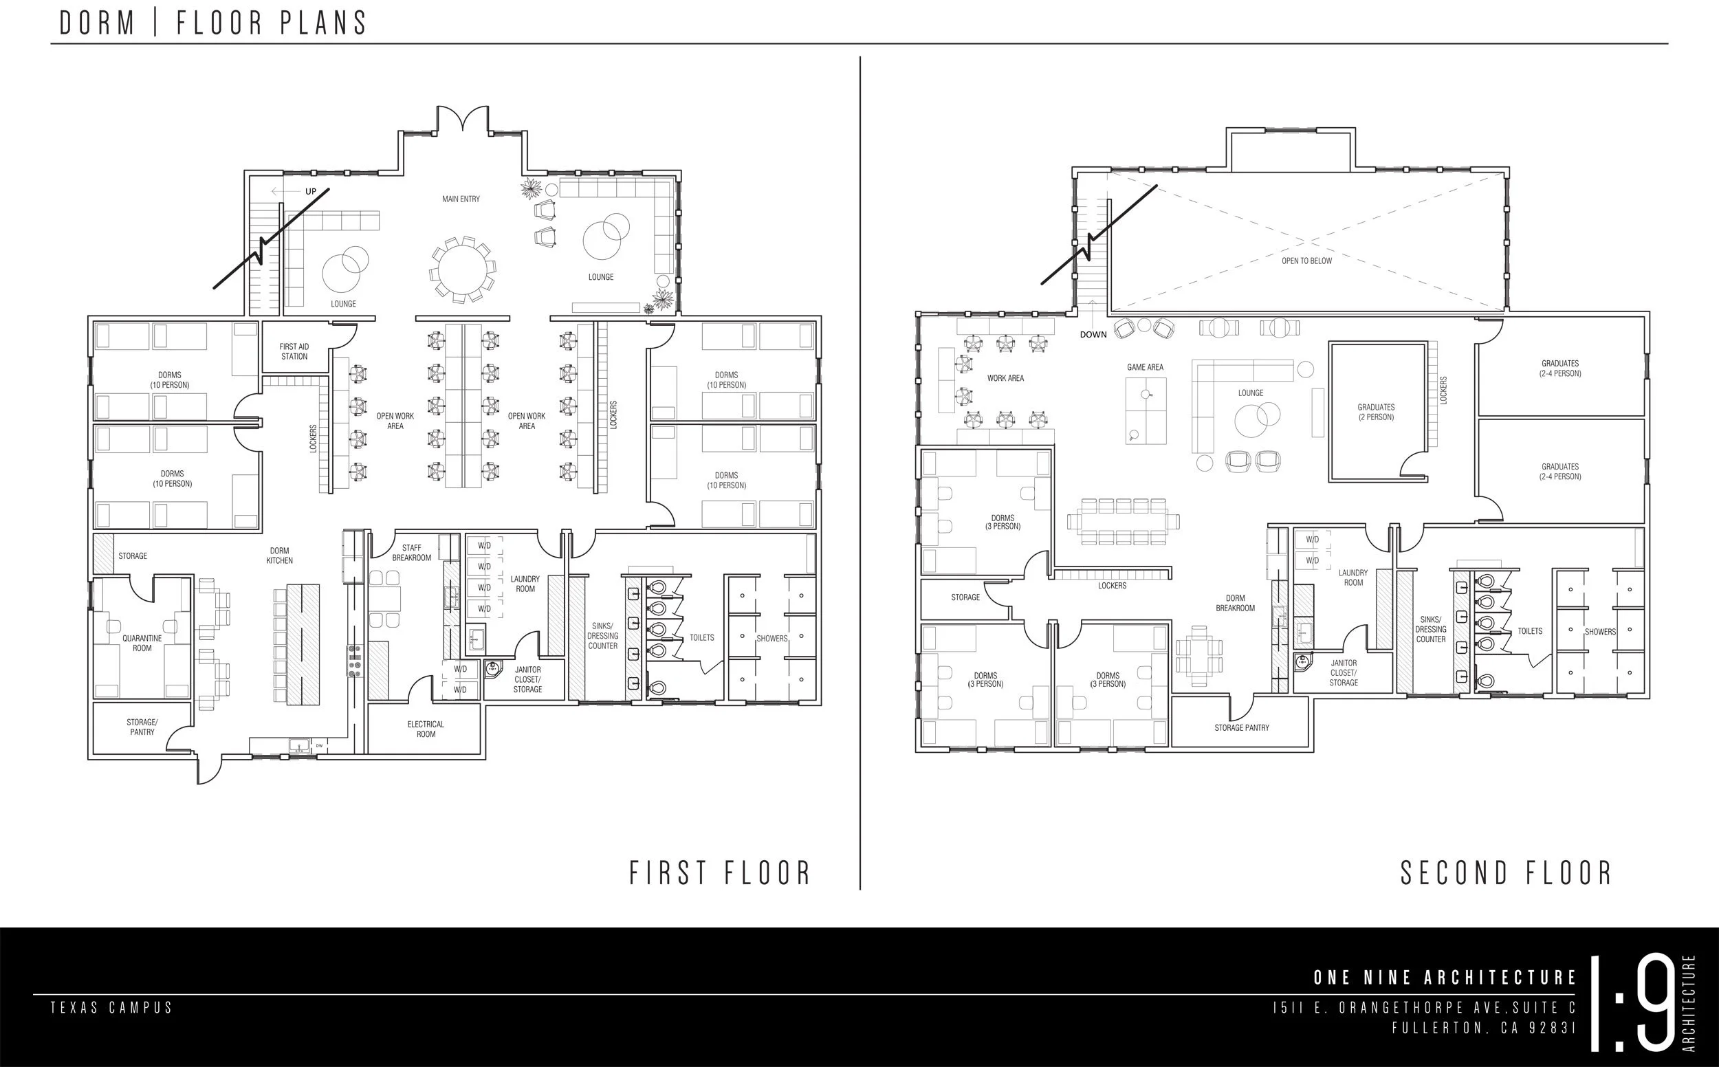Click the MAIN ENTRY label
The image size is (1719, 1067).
461,199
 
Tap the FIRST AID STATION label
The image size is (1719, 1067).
294,351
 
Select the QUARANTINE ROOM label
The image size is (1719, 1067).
142,643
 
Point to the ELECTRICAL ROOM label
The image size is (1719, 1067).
426,729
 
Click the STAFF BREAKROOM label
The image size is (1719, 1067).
411,553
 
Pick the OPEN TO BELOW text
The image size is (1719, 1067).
1307,261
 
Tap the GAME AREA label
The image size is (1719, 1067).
1146,367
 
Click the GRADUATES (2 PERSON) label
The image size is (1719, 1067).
1376,412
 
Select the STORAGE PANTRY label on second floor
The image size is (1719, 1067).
1242,727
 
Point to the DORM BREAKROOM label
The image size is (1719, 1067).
1236,603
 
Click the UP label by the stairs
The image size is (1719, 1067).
311,191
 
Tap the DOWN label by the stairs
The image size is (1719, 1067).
1093,335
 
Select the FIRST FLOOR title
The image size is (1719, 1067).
720,873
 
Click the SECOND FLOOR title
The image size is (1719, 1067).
1507,873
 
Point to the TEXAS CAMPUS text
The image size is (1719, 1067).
111,1007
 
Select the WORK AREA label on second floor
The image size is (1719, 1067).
1005,378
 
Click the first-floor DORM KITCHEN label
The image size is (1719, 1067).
279,555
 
